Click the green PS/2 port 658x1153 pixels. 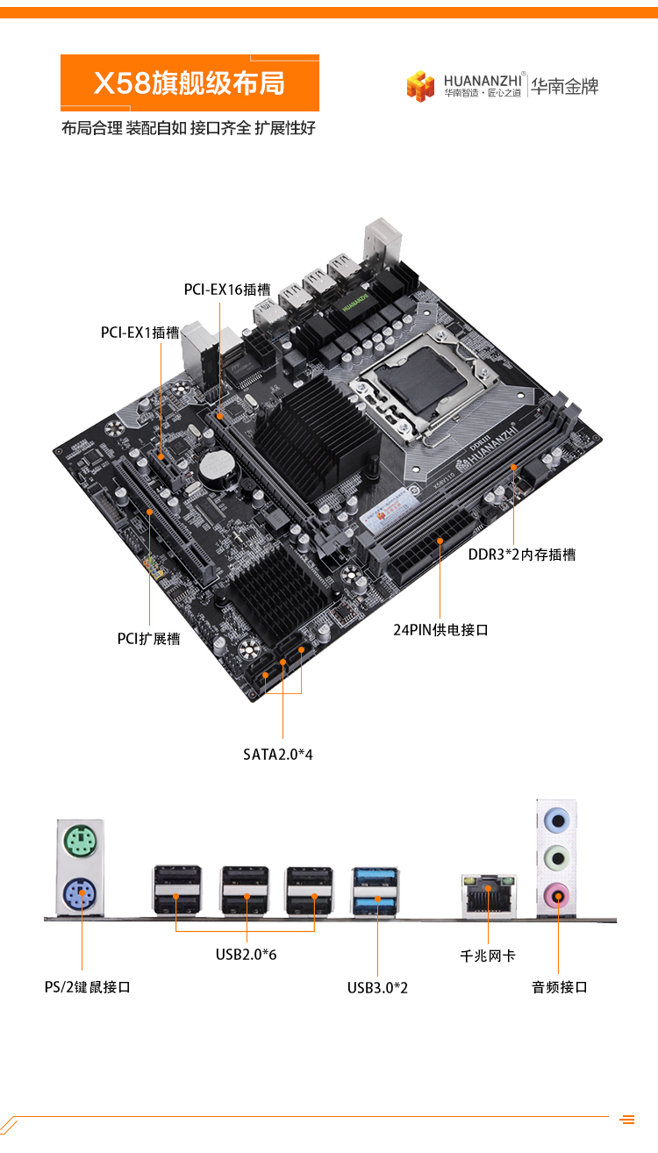pyautogui.click(x=80, y=841)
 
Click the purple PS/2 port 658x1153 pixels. pyautogui.click(x=80, y=893)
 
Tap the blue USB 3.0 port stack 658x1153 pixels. pyautogui.click(x=375, y=891)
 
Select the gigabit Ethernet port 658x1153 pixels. pyautogui.click(x=488, y=895)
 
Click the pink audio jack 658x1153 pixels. pyautogui.click(x=557, y=896)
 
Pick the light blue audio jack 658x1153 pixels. pyautogui.click(x=557, y=820)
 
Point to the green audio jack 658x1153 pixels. pyautogui.click(x=557, y=857)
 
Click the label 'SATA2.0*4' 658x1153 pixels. pyautogui.click(x=278, y=755)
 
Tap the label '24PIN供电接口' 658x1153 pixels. pyautogui.click(x=441, y=630)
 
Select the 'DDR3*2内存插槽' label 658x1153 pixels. pyautogui.click(x=522, y=555)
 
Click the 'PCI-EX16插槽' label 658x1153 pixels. pyautogui.click(x=227, y=290)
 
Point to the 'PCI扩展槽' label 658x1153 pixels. pyautogui.click(x=148, y=639)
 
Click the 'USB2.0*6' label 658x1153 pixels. pyautogui.click(x=246, y=955)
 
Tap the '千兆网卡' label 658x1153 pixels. pyautogui.click(x=488, y=956)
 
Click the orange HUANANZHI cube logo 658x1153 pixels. pyautogui.click(x=420, y=86)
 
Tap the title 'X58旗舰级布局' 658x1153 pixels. pyautogui.click(x=190, y=82)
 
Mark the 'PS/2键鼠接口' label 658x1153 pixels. pyautogui.click(x=88, y=987)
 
